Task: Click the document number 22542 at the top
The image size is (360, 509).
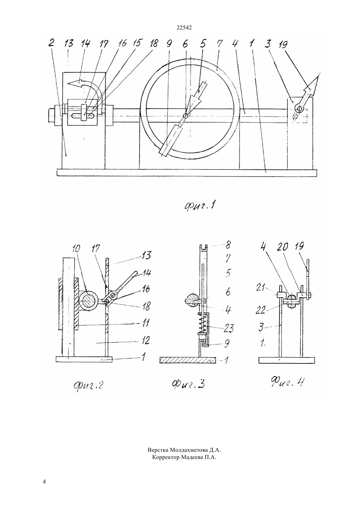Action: coord(184,28)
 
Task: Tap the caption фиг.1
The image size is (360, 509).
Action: coord(200,206)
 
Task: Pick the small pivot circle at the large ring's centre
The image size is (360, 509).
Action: coord(186,116)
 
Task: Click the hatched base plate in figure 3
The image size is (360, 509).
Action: coord(188,360)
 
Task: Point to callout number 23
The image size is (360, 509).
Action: coord(228,328)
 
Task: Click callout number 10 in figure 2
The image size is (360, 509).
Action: coord(76,249)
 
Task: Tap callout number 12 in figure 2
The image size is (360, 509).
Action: coord(145,341)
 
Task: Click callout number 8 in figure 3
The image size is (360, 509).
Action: coord(228,245)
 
